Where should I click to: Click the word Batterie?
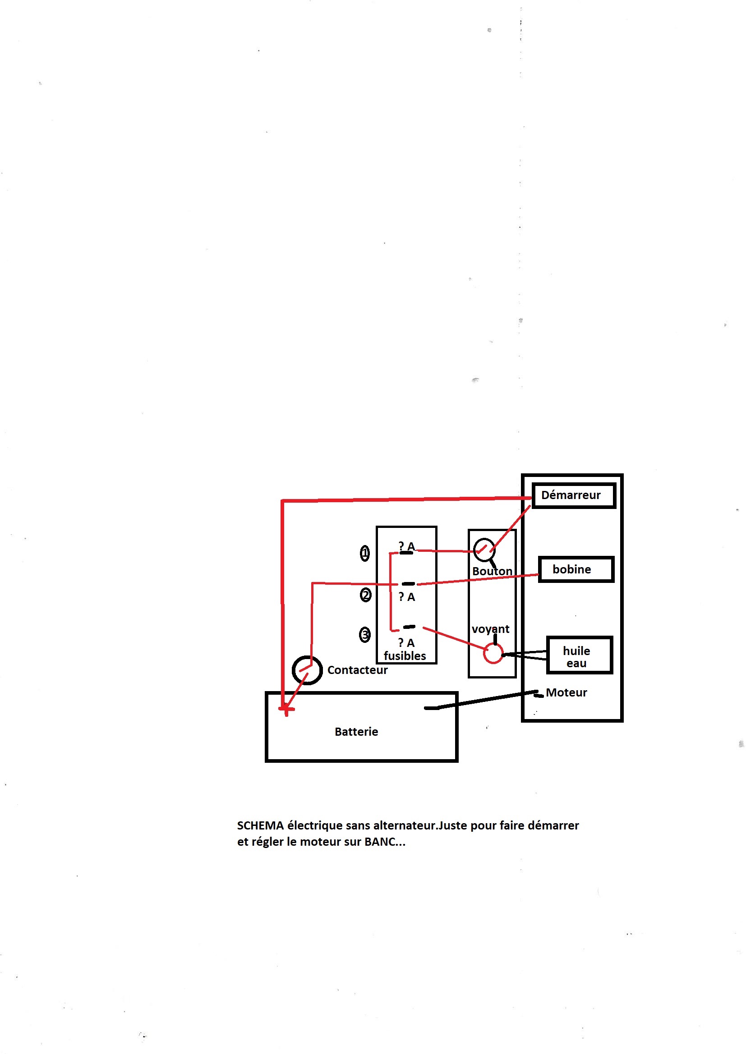tap(356, 732)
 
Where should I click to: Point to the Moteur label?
tap(566, 693)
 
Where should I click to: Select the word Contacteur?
tap(357, 670)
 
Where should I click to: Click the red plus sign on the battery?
tap(286, 710)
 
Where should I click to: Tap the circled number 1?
tap(365, 553)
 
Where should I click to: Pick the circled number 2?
tap(366, 596)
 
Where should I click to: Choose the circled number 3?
tap(365, 635)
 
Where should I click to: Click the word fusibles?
tap(405, 656)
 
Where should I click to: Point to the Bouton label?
tap(492, 571)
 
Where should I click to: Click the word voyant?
tap(490, 629)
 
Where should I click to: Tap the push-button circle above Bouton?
tap(474, 550)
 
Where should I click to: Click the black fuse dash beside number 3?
tap(409, 627)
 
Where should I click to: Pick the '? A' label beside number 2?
tap(406, 597)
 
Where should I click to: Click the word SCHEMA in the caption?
tap(260, 825)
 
